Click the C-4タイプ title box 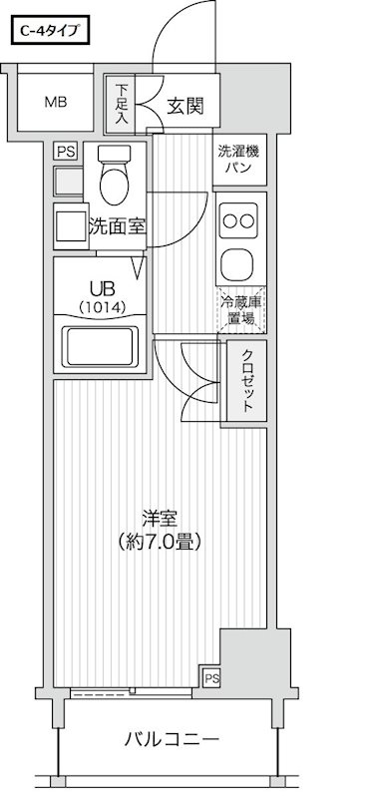[x=51, y=32]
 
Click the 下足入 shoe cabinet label [x=119, y=104]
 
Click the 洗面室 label [x=117, y=225]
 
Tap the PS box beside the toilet [x=66, y=152]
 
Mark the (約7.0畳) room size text [x=160, y=544]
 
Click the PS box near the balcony [x=210, y=678]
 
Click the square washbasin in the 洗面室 [x=69, y=225]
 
